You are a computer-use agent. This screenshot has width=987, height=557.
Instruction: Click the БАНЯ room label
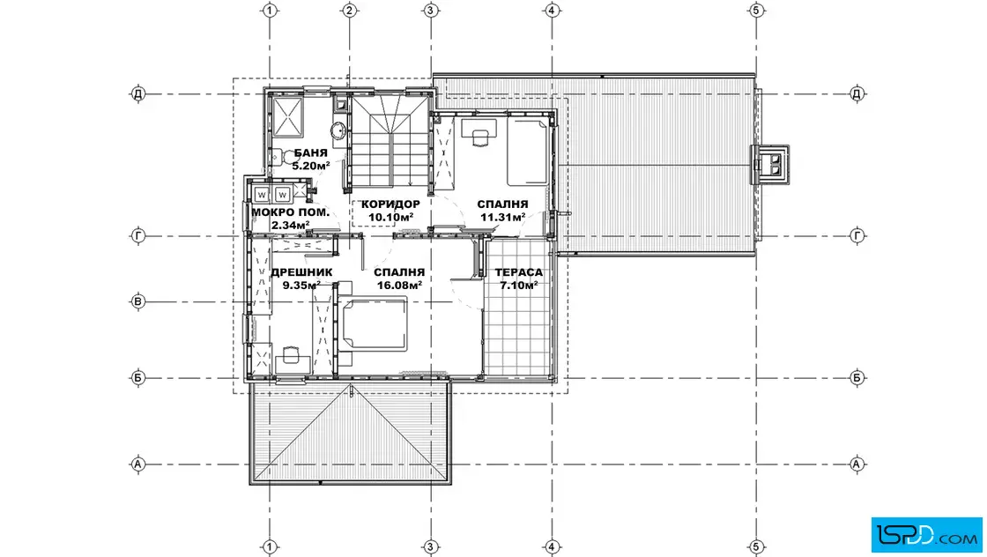(x=310, y=153)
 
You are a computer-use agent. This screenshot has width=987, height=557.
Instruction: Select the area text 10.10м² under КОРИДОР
(x=391, y=218)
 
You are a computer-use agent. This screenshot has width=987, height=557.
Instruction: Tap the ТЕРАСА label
(x=519, y=272)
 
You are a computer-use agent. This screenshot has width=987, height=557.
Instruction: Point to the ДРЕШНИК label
(x=301, y=272)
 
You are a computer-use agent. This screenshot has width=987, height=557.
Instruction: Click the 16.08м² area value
(x=399, y=285)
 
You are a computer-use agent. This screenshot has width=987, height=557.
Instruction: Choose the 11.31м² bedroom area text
(x=503, y=218)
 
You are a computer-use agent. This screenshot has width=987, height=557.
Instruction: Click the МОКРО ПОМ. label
(x=290, y=212)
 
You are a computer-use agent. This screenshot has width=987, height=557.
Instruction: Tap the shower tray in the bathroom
(x=287, y=116)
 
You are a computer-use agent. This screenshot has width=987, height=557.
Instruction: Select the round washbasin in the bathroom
(x=338, y=130)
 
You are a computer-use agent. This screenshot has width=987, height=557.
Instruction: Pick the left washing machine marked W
(x=262, y=195)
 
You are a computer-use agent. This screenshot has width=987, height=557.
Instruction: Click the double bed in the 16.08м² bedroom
(x=372, y=323)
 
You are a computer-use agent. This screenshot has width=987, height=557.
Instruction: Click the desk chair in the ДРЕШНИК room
(x=290, y=355)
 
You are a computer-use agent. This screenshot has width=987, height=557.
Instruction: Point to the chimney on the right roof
(x=770, y=164)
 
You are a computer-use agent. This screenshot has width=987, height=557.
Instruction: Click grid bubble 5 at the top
(x=757, y=10)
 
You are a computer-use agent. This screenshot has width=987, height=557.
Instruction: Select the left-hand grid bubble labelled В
(x=137, y=301)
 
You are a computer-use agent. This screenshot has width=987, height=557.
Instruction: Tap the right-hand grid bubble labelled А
(x=857, y=464)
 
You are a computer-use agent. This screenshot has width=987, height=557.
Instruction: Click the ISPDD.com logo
(x=926, y=535)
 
